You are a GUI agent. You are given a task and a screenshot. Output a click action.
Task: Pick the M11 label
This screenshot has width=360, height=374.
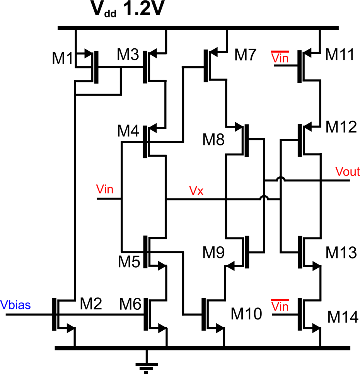pos(339,55)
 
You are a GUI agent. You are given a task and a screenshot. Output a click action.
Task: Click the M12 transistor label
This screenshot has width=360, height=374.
pos(341,127)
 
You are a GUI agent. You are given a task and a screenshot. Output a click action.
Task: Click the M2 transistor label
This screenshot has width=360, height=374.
pos(91,305)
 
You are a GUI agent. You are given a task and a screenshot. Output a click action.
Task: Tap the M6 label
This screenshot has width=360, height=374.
pos(130,305)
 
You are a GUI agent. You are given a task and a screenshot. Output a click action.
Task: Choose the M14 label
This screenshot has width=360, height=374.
pos(342,317)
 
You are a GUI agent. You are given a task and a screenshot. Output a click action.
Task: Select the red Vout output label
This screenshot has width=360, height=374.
pos(347,172)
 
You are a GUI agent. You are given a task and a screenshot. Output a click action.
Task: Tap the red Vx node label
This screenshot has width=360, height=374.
pos(196,191)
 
